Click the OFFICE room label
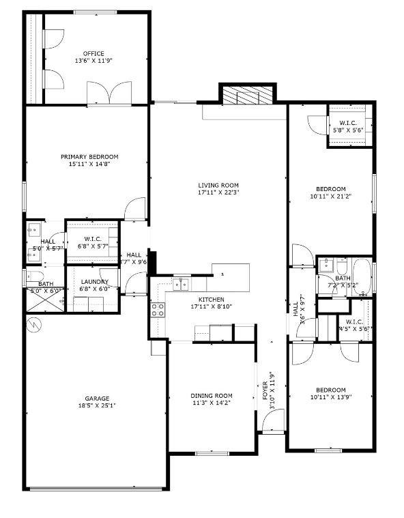pos(93,53)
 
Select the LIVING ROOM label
pos(218,185)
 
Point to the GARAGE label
pos(97,399)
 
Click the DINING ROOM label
pos(211,396)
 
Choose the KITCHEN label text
pos(211,300)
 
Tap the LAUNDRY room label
pos(95,282)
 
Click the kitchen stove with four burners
pos(157,310)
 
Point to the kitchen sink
pos(181,283)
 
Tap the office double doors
pos(109,93)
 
